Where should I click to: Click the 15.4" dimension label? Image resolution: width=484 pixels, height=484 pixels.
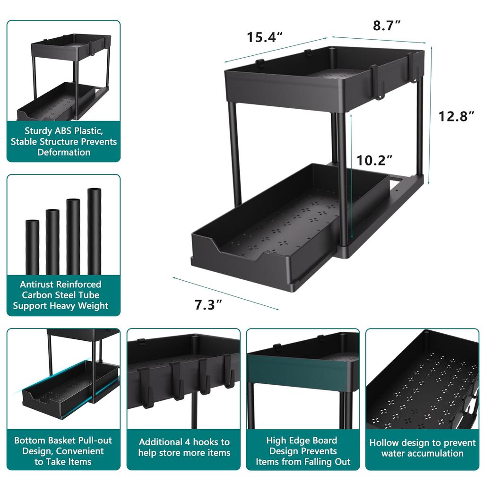pos(265,37)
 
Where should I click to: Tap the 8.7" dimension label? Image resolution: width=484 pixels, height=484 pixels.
pos(387,26)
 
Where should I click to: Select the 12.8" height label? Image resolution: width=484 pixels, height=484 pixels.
pos(456,116)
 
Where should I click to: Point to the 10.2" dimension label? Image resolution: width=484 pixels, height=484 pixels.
pos(374,160)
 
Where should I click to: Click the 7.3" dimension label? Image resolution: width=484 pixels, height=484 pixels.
pos(208,305)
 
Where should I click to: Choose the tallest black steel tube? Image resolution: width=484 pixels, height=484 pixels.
pos(94,231)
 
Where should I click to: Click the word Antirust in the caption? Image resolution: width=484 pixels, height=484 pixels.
pos(37,285)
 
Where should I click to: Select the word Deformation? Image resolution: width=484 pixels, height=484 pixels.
pos(64,152)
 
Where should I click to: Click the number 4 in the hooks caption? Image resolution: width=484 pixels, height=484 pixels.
pos(187,442)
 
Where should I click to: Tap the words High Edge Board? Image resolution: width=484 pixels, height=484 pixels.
pos(302,441)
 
